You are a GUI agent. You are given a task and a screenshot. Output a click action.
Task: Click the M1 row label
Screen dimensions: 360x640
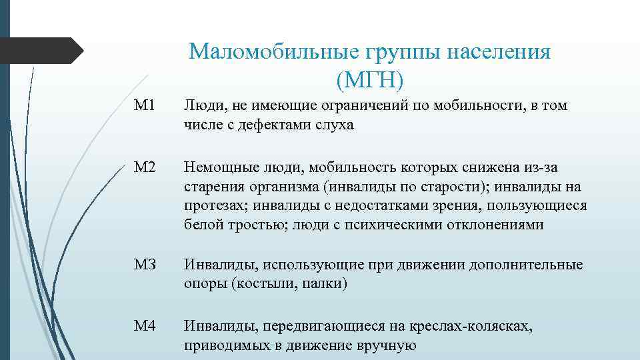click(x=144, y=106)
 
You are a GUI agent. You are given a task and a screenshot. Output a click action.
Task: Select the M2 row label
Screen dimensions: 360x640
click(x=145, y=166)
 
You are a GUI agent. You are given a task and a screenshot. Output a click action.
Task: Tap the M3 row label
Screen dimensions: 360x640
click(x=145, y=265)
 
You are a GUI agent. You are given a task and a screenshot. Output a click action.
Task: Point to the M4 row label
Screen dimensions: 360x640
click(x=145, y=326)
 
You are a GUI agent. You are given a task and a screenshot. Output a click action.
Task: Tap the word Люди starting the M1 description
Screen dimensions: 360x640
click(x=204, y=106)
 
